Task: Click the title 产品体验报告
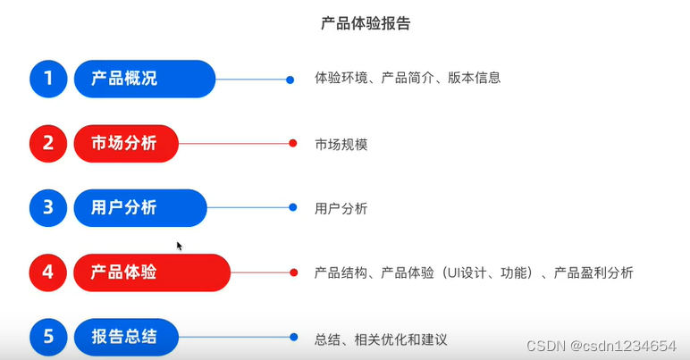pyautogui.click(x=366, y=24)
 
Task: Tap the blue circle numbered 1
pyautogui.click(x=48, y=79)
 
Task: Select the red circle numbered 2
pyautogui.click(x=48, y=143)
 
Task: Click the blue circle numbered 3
pyautogui.click(x=48, y=208)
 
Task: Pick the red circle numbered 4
pyautogui.click(x=48, y=272)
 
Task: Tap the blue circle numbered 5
pyautogui.click(x=48, y=337)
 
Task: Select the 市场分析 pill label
pyautogui.click(x=125, y=143)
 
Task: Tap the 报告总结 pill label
pyautogui.click(x=125, y=337)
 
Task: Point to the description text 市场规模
pyautogui.click(x=341, y=144)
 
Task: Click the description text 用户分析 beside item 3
pyautogui.click(x=341, y=209)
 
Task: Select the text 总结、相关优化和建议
pyautogui.click(x=380, y=339)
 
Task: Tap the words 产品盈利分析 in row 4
pyautogui.click(x=593, y=272)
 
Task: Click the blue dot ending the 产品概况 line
pyautogui.click(x=290, y=80)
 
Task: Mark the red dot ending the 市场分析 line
pyautogui.click(x=292, y=143)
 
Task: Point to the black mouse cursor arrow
pyautogui.click(x=179, y=245)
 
